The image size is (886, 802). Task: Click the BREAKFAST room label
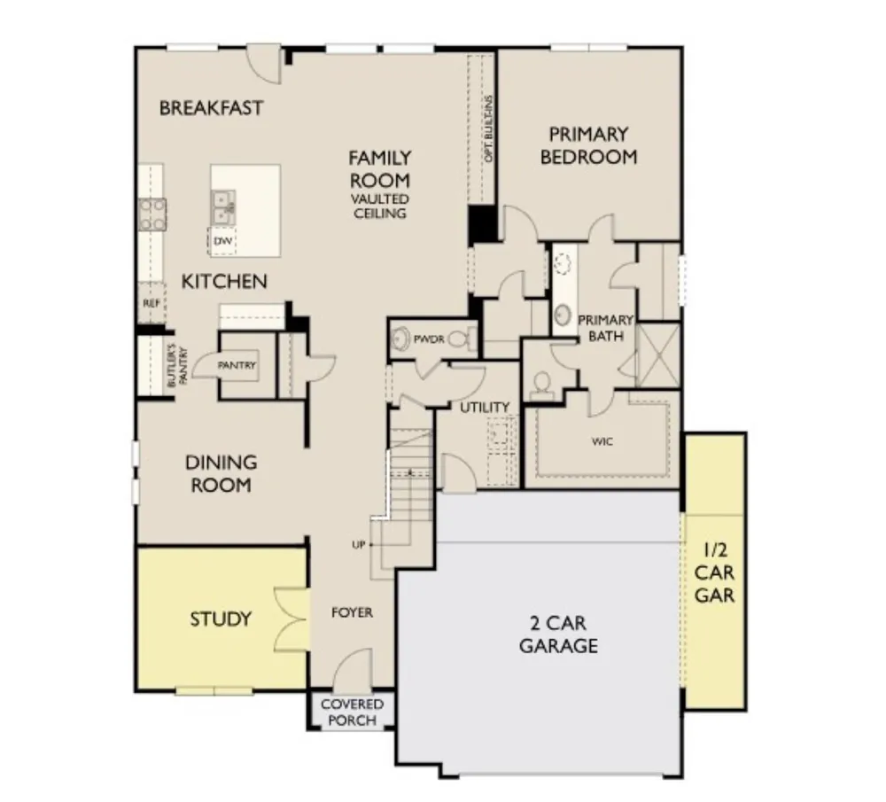point(211,108)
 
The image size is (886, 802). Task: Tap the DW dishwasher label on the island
point(222,241)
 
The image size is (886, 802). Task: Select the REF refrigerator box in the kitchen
point(152,303)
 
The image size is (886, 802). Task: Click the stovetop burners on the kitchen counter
point(152,214)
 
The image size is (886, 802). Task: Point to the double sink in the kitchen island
point(223,206)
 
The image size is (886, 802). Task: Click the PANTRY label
point(237,366)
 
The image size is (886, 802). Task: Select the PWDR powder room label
point(429,339)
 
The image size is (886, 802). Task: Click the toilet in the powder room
point(460,339)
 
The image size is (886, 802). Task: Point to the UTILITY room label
point(485,407)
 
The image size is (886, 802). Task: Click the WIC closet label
point(602,441)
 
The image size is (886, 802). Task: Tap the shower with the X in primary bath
point(658,354)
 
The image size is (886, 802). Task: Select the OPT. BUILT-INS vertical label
point(489,128)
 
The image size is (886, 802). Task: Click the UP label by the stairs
point(359,545)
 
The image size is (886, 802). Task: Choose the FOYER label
point(352,612)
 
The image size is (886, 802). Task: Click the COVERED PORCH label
point(352,712)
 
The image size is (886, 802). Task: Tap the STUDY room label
point(221,619)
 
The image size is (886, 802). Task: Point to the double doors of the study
point(291,619)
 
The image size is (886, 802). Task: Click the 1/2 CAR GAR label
point(714,572)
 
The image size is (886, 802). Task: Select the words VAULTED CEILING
point(380,206)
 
